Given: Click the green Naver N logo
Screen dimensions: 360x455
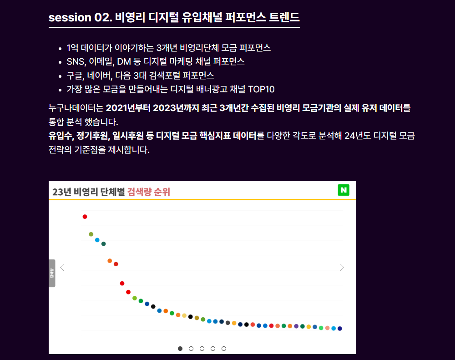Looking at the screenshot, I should point(344,190).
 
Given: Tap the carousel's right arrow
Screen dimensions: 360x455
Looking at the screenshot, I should point(342,268).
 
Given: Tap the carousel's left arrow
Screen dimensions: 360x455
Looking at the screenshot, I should point(62,268).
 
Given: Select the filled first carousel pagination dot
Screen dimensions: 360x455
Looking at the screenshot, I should point(180,349).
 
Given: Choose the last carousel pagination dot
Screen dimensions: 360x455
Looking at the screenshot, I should point(224,349).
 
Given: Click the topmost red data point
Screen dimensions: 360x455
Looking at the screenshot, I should point(85,217).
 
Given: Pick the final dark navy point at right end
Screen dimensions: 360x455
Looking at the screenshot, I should point(339,329).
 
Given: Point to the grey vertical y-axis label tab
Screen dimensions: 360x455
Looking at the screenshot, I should point(52,273).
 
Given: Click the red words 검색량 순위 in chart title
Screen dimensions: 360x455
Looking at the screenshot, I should point(149,192).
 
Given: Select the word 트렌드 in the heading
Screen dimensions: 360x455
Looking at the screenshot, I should point(284,18).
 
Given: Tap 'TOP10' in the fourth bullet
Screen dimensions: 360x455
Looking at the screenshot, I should point(261,89).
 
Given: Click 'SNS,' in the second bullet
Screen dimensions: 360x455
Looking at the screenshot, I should point(76,61).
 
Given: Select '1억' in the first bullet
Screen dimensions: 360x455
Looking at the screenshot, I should point(72,48).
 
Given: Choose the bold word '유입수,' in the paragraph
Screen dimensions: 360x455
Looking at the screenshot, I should point(61,136).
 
